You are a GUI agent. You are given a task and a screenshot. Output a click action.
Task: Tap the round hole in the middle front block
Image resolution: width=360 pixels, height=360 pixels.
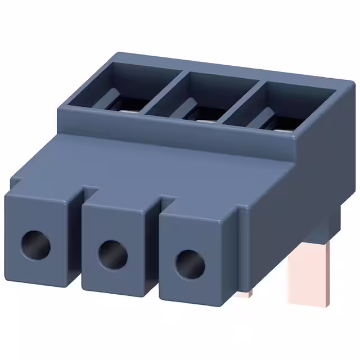coord(112,254)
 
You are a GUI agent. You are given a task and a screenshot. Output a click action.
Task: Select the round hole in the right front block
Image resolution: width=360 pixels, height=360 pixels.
coord(189,264)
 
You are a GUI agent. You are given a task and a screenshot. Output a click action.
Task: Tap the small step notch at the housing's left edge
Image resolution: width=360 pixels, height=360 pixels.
coord(17,181)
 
